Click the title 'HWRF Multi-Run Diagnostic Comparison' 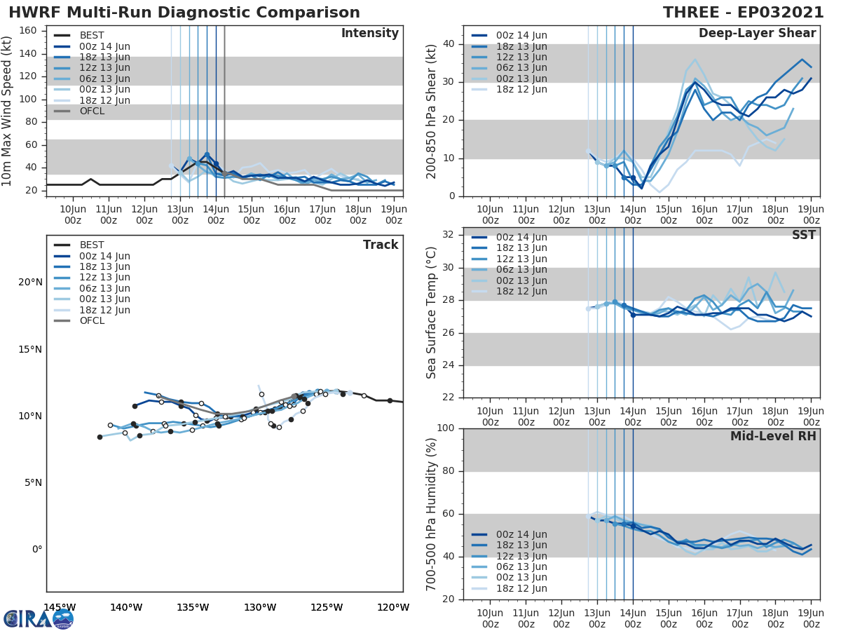(x=184, y=13)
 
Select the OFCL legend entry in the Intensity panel (x=91, y=111)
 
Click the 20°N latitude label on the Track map (x=30, y=283)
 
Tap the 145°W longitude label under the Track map (x=60, y=608)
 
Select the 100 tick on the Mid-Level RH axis (x=446, y=428)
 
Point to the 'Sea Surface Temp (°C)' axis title (x=432, y=312)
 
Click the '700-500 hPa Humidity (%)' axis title (x=432, y=513)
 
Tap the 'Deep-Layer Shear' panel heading (x=757, y=34)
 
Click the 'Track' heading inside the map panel (x=381, y=245)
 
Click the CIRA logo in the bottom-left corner (x=39, y=618)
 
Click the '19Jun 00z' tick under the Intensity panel (x=393, y=215)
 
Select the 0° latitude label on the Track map (x=36, y=550)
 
